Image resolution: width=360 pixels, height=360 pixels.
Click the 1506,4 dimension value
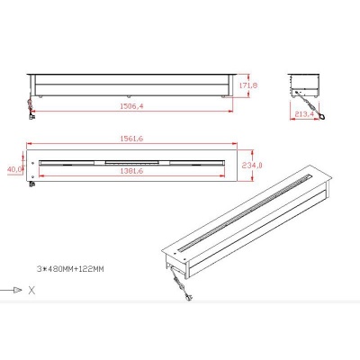click(131, 106)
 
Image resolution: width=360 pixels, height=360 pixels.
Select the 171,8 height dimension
click(248, 85)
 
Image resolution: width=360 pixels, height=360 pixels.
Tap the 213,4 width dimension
click(304, 114)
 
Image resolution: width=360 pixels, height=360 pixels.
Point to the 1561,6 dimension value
click(131, 139)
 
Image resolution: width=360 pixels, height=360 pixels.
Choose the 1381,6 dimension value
click(131, 171)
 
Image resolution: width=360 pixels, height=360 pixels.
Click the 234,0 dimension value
click(252, 165)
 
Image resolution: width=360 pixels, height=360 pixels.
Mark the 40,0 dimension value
click(15, 169)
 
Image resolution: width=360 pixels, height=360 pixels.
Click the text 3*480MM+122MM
click(70, 269)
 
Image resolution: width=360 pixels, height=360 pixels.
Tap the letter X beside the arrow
click(31, 291)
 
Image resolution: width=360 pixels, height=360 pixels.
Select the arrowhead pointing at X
click(18, 290)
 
